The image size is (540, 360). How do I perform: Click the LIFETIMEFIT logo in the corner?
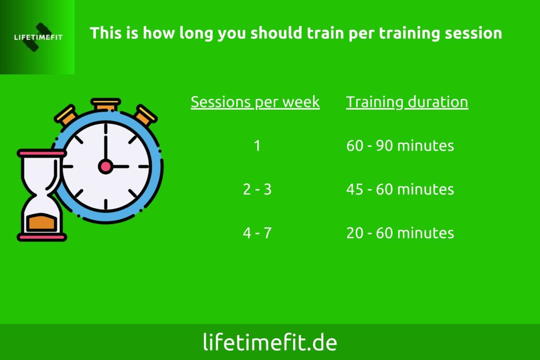pos(37,37)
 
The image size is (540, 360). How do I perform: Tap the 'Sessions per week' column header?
pos(255,102)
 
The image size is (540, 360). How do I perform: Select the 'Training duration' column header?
pos(407,102)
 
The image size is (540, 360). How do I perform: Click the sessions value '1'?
pos(257,145)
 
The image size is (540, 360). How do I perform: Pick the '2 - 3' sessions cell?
pos(257,189)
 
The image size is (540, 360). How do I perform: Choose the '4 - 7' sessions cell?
pos(257,233)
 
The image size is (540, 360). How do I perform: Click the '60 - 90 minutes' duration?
pos(400,145)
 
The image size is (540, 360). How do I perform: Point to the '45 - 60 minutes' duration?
pos(400,189)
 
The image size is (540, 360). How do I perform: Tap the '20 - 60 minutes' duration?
pos(400,233)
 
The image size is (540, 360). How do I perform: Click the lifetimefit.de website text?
pos(270,342)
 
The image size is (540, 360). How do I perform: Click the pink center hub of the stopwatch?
pos(105,167)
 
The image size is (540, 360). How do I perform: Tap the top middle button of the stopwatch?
pos(105,104)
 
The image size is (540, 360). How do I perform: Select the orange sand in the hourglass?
pos(41,222)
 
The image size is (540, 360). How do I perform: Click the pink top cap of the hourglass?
pos(41,153)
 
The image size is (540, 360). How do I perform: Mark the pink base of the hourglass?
pos(42,237)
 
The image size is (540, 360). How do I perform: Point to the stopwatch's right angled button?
pos(146,114)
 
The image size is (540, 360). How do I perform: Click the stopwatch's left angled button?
pos(65,115)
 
